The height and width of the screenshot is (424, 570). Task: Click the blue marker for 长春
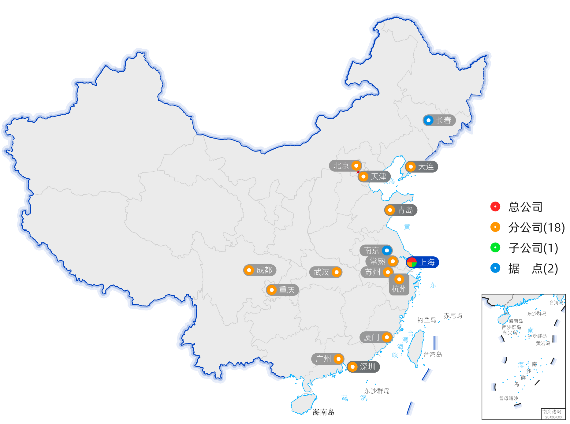click(x=429, y=120)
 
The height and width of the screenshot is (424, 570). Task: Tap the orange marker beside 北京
click(x=356, y=166)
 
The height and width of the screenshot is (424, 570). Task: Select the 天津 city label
click(x=378, y=177)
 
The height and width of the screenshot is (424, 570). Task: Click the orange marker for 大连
click(x=411, y=167)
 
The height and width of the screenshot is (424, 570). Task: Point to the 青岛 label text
click(x=405, y=210)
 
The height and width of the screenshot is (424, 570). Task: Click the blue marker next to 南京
click(x=387, y=251)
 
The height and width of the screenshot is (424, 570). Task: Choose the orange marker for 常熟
click(x=393, y=261)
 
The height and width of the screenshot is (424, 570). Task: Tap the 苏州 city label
click(x=373, y=272)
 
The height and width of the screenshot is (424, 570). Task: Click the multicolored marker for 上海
click(x=412, y=262)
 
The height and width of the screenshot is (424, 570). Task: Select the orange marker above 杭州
click(x=399, y=279)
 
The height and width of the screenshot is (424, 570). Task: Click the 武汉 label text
click(x=321, y=272)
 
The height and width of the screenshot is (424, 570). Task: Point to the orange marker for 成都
click(x=249, y=270)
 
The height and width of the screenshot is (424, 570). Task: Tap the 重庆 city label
click(x=287, y=290)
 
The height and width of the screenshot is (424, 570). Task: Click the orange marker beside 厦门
click(x=387, y=337)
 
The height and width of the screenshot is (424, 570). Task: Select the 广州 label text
click(x=323, y=359)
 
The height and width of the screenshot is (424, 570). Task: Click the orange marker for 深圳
click(x=352, y=366)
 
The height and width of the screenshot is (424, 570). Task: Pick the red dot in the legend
click(x=495, y=206)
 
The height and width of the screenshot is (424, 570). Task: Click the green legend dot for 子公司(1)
click(x=495, y=247)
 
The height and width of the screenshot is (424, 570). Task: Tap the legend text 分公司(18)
click(x=536, y=227)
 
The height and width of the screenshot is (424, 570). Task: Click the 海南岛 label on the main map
click(x=323, y=412)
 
